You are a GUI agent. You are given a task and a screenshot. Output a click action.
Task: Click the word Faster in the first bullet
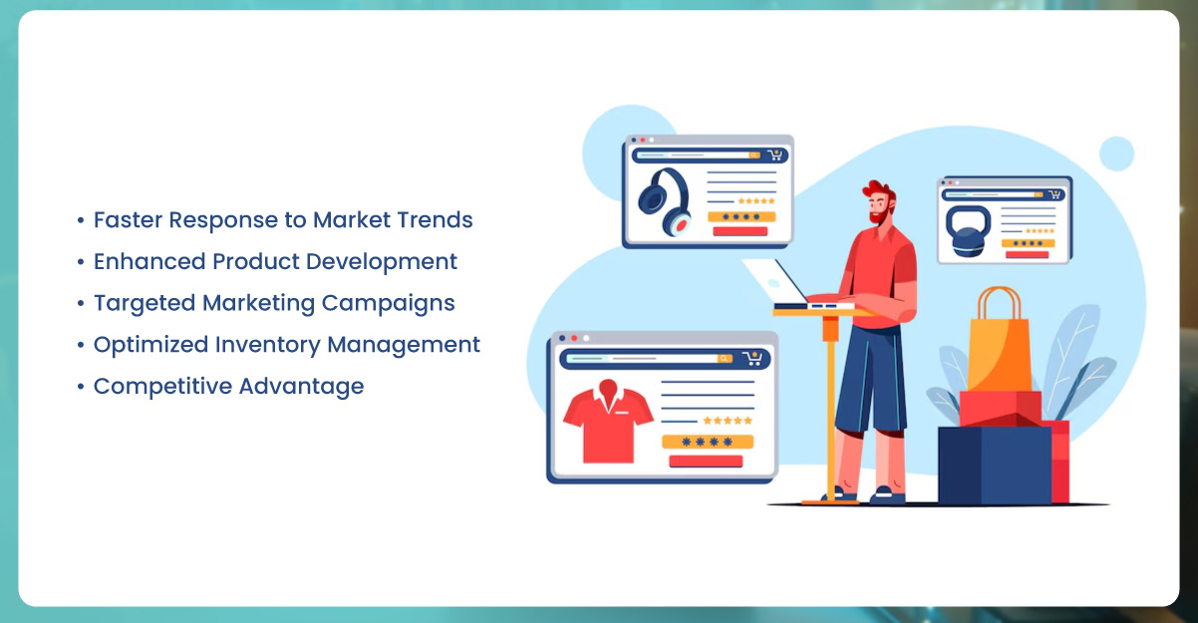click(x=128, y=219)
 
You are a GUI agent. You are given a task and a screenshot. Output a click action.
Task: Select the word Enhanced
click(x=150, y=261)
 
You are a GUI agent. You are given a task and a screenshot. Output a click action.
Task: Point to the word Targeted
click(x=145, y=304)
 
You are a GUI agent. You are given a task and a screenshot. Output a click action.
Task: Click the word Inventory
click(x=267, y=345)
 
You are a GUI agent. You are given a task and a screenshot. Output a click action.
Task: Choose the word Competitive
click(x=162, y=387)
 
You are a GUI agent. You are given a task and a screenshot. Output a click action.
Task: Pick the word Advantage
click(x=302, y=387)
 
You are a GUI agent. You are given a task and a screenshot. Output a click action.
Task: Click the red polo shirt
click(x=608, y=423)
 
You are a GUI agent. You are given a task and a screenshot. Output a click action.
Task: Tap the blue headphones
click(x=665, y=201)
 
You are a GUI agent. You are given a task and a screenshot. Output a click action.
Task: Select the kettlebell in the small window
click(x=968, y=231)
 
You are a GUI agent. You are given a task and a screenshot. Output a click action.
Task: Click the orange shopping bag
click(x=999, y=342)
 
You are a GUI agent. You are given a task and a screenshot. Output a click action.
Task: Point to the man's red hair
click(x=881, y=192)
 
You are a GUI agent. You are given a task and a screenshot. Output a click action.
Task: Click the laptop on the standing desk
click(x=791, y=286)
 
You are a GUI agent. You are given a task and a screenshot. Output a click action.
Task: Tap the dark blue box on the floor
click(x=995, y=466)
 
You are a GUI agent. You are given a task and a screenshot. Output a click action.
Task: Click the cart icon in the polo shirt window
click(x=752, y=358)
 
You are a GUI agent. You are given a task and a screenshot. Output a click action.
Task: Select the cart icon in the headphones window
click(x=775, y=156)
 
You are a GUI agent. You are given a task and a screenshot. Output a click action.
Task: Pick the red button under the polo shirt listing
click(x=706, y=461)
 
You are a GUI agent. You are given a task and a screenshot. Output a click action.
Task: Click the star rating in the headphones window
click(x=756, y=201)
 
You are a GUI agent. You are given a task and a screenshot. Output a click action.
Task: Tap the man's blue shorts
click(x=871, y=380)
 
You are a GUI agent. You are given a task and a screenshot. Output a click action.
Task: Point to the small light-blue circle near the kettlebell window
click(x=1116, y=154)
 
